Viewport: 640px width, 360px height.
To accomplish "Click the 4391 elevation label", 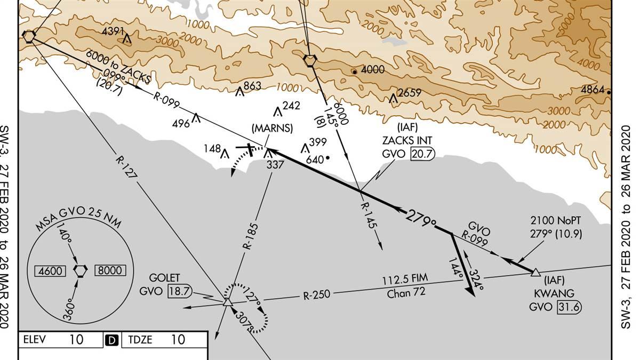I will [113, 31].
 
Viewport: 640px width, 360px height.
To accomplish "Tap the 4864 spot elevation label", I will [592, 90].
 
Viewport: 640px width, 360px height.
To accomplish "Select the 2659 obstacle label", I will [410, 92].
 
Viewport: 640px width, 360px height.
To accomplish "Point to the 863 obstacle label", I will [252, 86].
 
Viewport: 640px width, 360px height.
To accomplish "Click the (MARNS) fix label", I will [273, 128].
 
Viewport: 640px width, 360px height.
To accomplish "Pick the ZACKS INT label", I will [406, 141].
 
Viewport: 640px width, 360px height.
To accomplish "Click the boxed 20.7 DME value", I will [422, 154].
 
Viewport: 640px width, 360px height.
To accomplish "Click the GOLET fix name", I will [165, 278].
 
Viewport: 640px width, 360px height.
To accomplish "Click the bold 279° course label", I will [421, 218].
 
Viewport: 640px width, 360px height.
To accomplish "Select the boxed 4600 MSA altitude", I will [51, 271].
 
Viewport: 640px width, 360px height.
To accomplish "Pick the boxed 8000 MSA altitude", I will [110, 270].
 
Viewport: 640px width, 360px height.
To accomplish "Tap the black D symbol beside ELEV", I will [113, 340].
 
